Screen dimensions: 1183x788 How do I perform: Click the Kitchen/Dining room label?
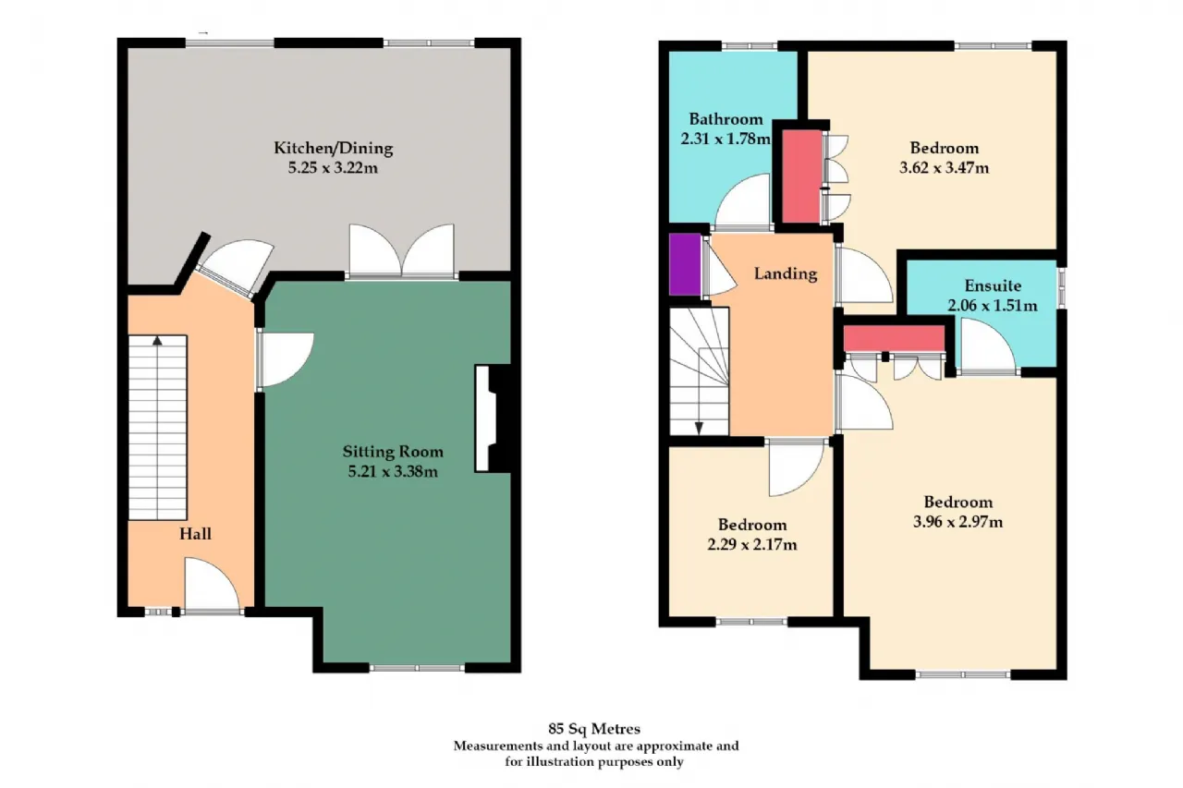click(x=334, y=149)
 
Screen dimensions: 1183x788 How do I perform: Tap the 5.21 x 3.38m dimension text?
click(x=393, y=471)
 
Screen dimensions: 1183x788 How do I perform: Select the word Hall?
click(x=195, y=534)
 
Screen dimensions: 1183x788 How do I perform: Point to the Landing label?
click(x=786, y=274)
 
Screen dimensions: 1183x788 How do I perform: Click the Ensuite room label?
click(x=993, y=286)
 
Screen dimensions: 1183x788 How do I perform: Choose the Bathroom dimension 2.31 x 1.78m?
click(x=726, y=139)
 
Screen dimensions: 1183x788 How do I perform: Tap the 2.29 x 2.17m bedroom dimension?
click(x=752, y=544)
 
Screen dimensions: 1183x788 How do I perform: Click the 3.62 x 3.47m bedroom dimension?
click(x=945, y=168)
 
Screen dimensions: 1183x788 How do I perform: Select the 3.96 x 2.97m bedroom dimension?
click(x=958, y=522)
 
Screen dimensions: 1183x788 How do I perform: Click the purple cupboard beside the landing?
click(x=685, y=264)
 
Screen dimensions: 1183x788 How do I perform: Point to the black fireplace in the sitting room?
click(x=500, y=418)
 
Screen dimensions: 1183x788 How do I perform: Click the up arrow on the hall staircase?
click(x=157, y=341)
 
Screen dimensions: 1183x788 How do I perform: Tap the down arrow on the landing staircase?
click(x=700, y=428)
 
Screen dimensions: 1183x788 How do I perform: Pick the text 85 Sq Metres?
click(x=594, y=729)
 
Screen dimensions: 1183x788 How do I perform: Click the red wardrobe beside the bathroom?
click(x=801, y=176)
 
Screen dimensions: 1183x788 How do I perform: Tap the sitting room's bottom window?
click(x=417, y=668)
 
